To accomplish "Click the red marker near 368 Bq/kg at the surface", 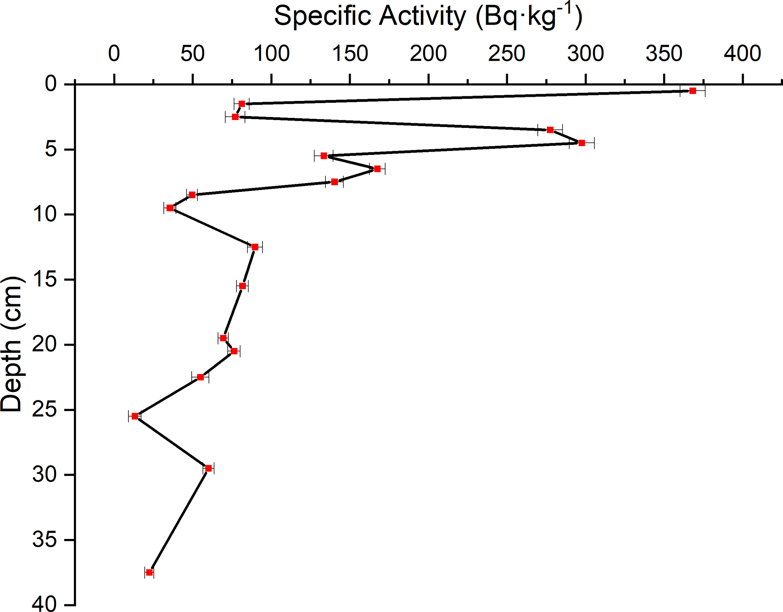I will (693, 91).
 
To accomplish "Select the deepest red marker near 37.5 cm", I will (149, 572).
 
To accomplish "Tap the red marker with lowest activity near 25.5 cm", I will (135, 416).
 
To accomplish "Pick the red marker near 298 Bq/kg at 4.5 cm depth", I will (582, 143).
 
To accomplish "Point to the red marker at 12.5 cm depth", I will (255, 247).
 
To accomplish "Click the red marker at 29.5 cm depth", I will (208, 468).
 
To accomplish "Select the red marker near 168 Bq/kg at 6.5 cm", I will (377, 169).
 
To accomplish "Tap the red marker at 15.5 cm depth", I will (242, 286).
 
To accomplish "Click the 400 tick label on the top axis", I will (742, 54).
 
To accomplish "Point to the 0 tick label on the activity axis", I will (114, 54).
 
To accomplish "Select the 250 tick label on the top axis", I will (506, 54).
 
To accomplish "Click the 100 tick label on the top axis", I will (272, 54).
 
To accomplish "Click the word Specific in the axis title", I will (322, 17).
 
